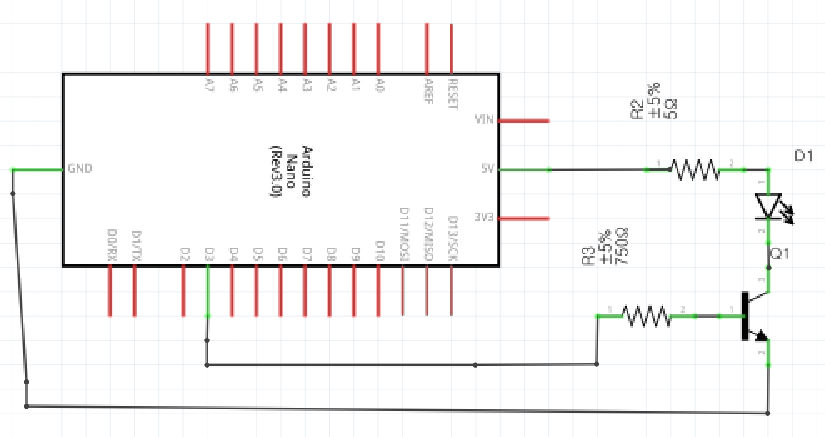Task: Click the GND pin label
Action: (79, 168)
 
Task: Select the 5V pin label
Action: (487, 168)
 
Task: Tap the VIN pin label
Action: (484, 120)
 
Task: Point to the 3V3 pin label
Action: (484, 218)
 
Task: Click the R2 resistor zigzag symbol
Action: (695, 170)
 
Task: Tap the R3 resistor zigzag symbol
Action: (646, 316)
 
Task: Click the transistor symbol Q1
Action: (752, 317)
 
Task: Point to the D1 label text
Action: (803, 156)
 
